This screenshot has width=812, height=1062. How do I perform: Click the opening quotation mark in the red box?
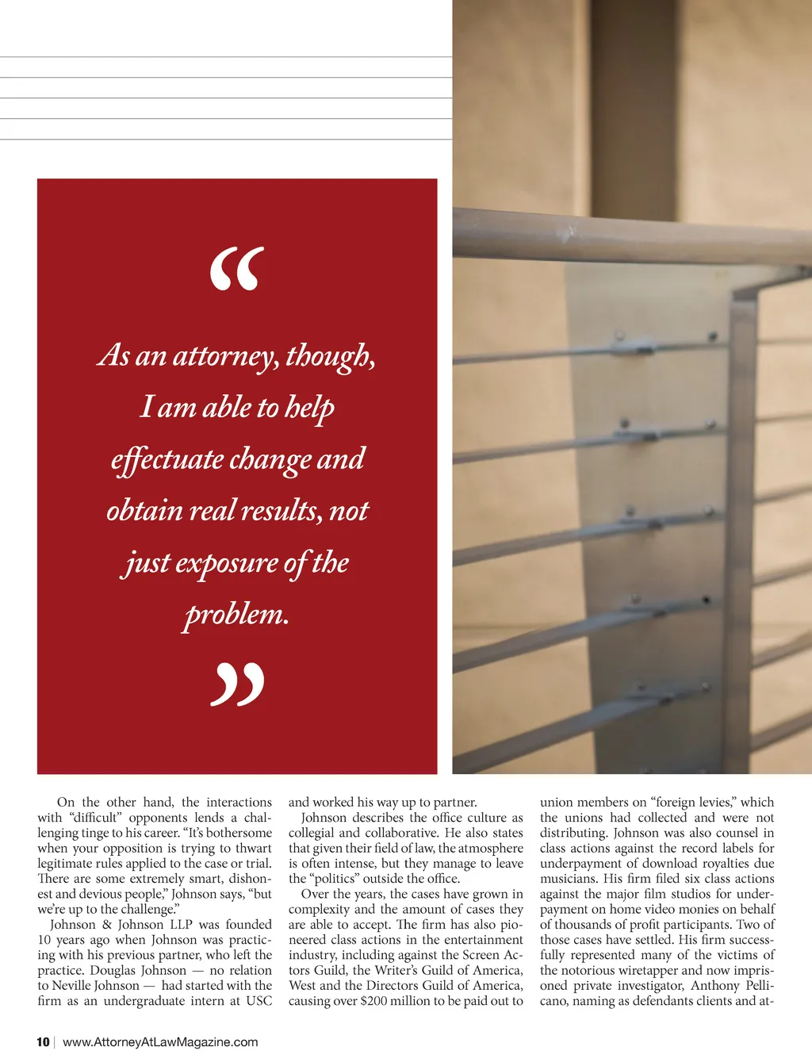coord(236,269)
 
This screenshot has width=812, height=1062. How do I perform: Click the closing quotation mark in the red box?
coord(237,685)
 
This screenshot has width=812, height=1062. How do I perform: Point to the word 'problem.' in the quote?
coord(236,615)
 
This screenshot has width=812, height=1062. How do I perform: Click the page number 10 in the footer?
coord(43,1042)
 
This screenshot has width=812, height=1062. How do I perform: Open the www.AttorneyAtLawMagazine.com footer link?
coord(160,1042)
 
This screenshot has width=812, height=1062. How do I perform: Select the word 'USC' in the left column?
coord(259,1001)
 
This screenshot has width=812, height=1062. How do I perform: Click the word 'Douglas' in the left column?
coord(117,971)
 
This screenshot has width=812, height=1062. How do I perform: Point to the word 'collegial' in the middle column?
coord(312,834)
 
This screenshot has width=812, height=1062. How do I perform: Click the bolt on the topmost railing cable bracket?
coord(711,336)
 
